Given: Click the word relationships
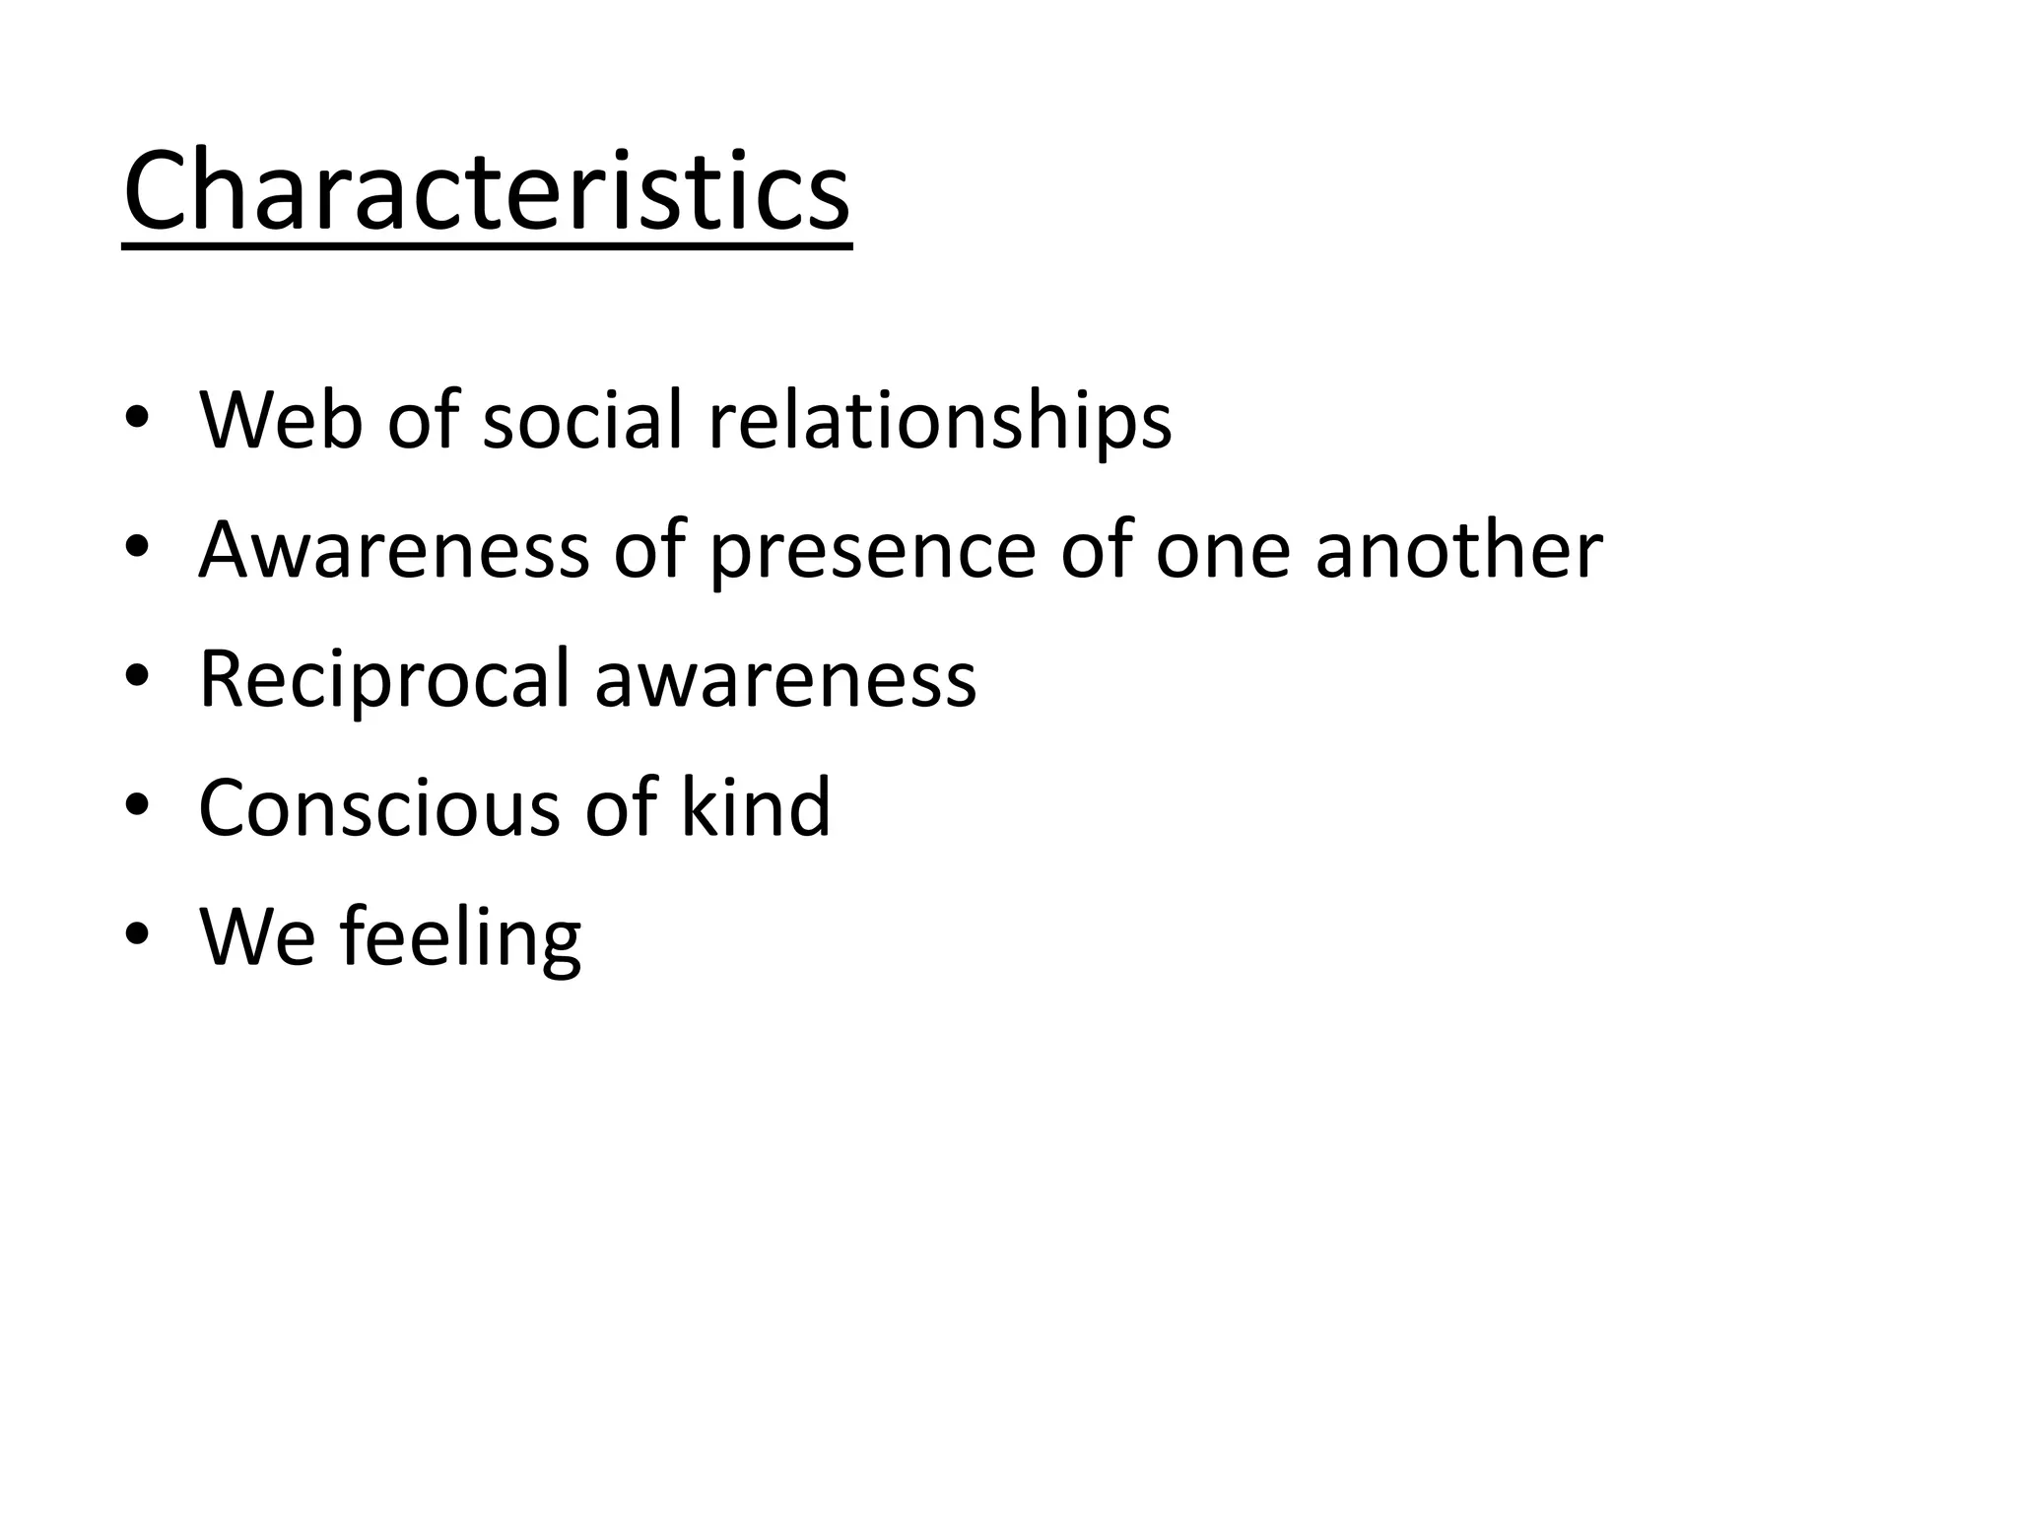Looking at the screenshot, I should pos(940,422).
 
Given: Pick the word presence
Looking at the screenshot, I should pos(872,552).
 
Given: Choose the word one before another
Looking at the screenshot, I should pos(1222,552).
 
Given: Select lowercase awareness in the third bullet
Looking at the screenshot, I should pos(785,680).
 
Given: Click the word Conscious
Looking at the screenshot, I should pos(379,808).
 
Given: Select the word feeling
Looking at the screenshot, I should pos(460,938).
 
